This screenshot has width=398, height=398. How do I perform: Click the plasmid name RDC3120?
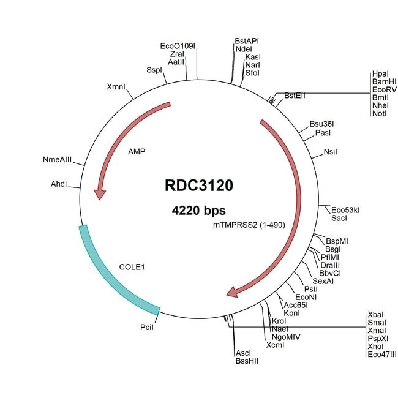198,186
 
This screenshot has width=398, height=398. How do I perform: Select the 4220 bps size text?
198,211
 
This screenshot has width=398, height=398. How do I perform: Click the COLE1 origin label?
132,267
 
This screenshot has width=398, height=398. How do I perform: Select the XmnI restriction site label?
116,87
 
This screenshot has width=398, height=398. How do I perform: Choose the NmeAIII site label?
57,160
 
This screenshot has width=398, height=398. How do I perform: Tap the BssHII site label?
247,362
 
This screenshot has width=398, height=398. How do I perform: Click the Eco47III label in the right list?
383,354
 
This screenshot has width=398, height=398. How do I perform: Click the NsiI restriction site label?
330,151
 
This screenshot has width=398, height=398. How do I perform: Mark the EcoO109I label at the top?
178,46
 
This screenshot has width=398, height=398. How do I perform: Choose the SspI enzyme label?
154,70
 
